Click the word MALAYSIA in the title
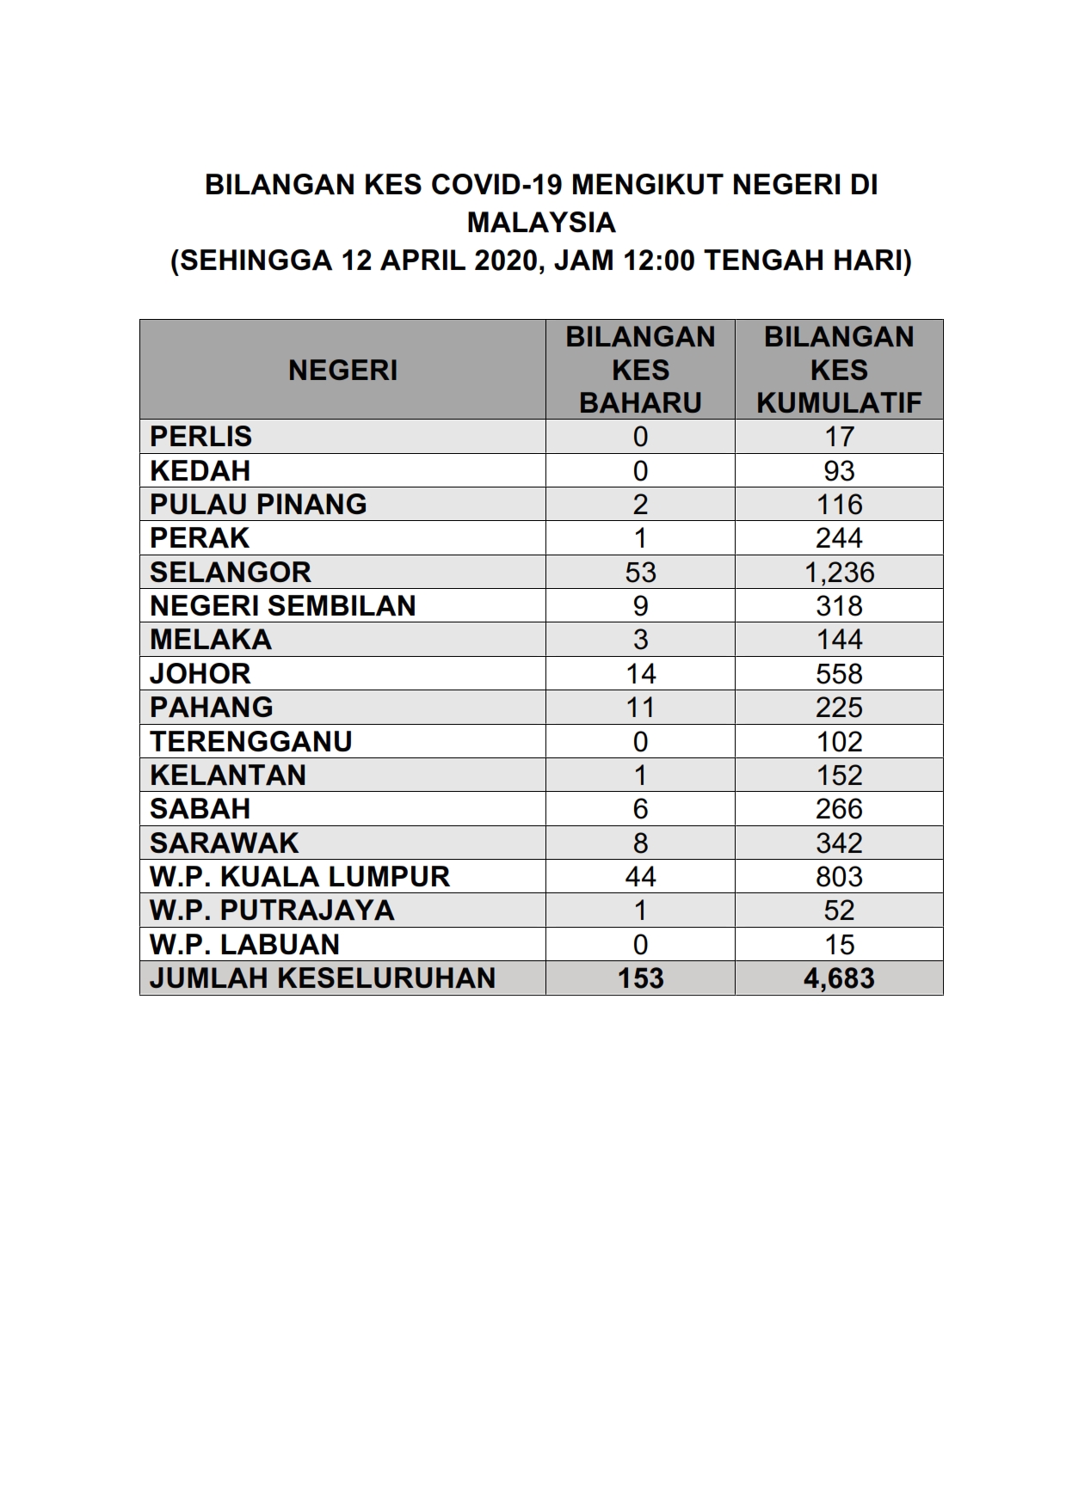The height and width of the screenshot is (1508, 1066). point(541,223)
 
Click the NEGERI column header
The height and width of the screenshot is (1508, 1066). point(342,371)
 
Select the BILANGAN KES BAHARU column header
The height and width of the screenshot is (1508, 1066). point(640,370)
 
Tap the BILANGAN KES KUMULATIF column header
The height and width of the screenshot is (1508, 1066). point(839,370)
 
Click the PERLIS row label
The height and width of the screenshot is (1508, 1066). point(200,437)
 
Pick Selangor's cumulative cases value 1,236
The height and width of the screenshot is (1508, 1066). point(839,573)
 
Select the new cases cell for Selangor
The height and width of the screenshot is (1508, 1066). point(640,573)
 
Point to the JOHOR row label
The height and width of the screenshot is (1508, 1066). point(200,674)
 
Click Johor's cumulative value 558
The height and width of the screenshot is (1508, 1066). point(839,674)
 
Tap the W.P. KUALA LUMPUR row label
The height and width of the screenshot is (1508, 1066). point(299,877)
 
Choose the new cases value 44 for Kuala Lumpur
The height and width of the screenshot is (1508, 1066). point(640,877)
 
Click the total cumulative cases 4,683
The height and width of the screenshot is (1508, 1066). point(839,978)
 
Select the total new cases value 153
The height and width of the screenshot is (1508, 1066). point(640,978)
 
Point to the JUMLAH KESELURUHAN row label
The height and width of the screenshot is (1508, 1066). point(323,978)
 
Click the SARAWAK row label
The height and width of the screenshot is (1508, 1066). point(224,843)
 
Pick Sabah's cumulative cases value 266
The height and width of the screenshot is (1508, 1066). point(839,809)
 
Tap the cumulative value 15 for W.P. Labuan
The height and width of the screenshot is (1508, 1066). point(839,945)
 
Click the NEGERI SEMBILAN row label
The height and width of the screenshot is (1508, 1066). point(282,606)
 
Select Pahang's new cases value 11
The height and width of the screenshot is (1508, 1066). point(640,708)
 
